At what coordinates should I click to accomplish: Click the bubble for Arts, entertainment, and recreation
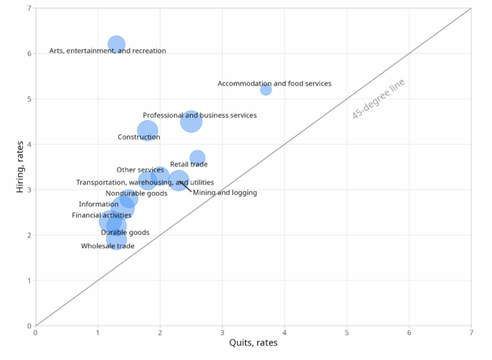pyautogui.click(x=116, y=45)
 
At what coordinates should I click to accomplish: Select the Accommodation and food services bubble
pyautogui.click(x=266, y=90)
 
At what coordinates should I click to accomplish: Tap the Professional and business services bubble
pyautogui.click(x=191, y=121)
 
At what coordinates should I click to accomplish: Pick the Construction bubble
pyautogui.click(x=148, y=131)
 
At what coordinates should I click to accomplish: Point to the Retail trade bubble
pyautogui.click(x=197, y=157)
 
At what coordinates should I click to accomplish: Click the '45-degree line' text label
pyautogui.click(x=378, y=98)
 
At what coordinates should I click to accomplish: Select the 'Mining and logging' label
pyautogui.click(x=225, y=193)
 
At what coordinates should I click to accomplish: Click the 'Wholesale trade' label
pyautogui.click(x=107, y=246)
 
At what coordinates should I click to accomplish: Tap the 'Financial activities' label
pyautogui.click(x=101, y=216)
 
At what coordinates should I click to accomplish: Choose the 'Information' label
pyautogui.click(x=98, y=204)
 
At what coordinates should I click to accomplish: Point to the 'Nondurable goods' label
pyautogui.click(x=136, y=194)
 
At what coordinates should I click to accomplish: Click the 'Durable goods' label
pyautogui.click(x=125, y=233)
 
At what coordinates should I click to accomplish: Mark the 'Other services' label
pyautogui.click(x=140, y=170)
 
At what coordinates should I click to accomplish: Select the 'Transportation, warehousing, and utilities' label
pyautogui.click(x=145, y=182)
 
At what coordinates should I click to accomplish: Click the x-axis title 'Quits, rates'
pyautogui.click(x=253, y=343)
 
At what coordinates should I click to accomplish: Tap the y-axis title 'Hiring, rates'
pyautogui.click(x=20, y=166)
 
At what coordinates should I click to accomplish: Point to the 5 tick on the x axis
pyautogui.click(x=347, y=332)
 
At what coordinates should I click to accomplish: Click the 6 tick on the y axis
pyautogui.click(x=29, y=54)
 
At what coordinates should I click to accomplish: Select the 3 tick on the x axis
pyautogui.click(x=223, y=332)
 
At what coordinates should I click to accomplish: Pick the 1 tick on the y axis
pyautogui.click(x=29, y=281)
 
